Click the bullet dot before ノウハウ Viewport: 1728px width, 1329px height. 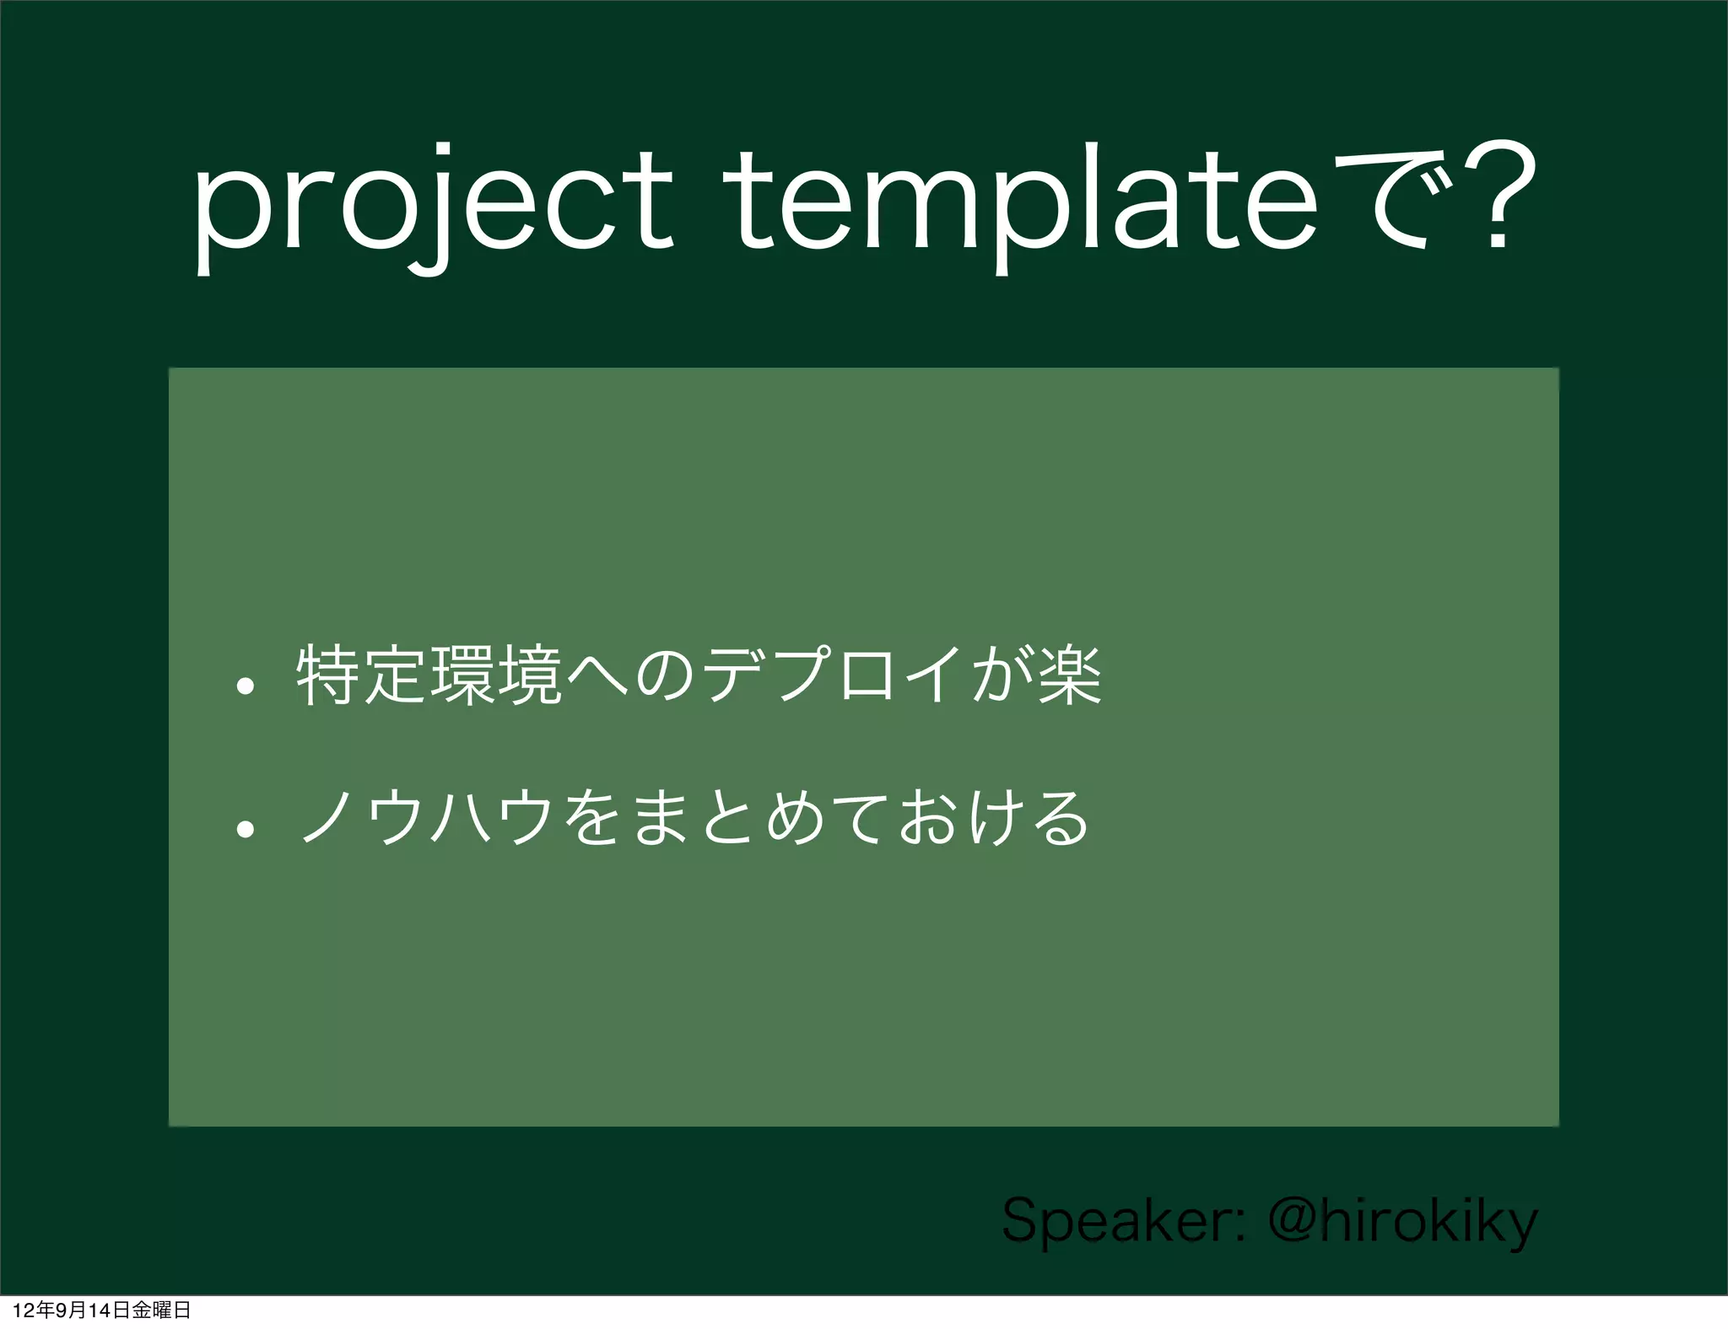point(245,829)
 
